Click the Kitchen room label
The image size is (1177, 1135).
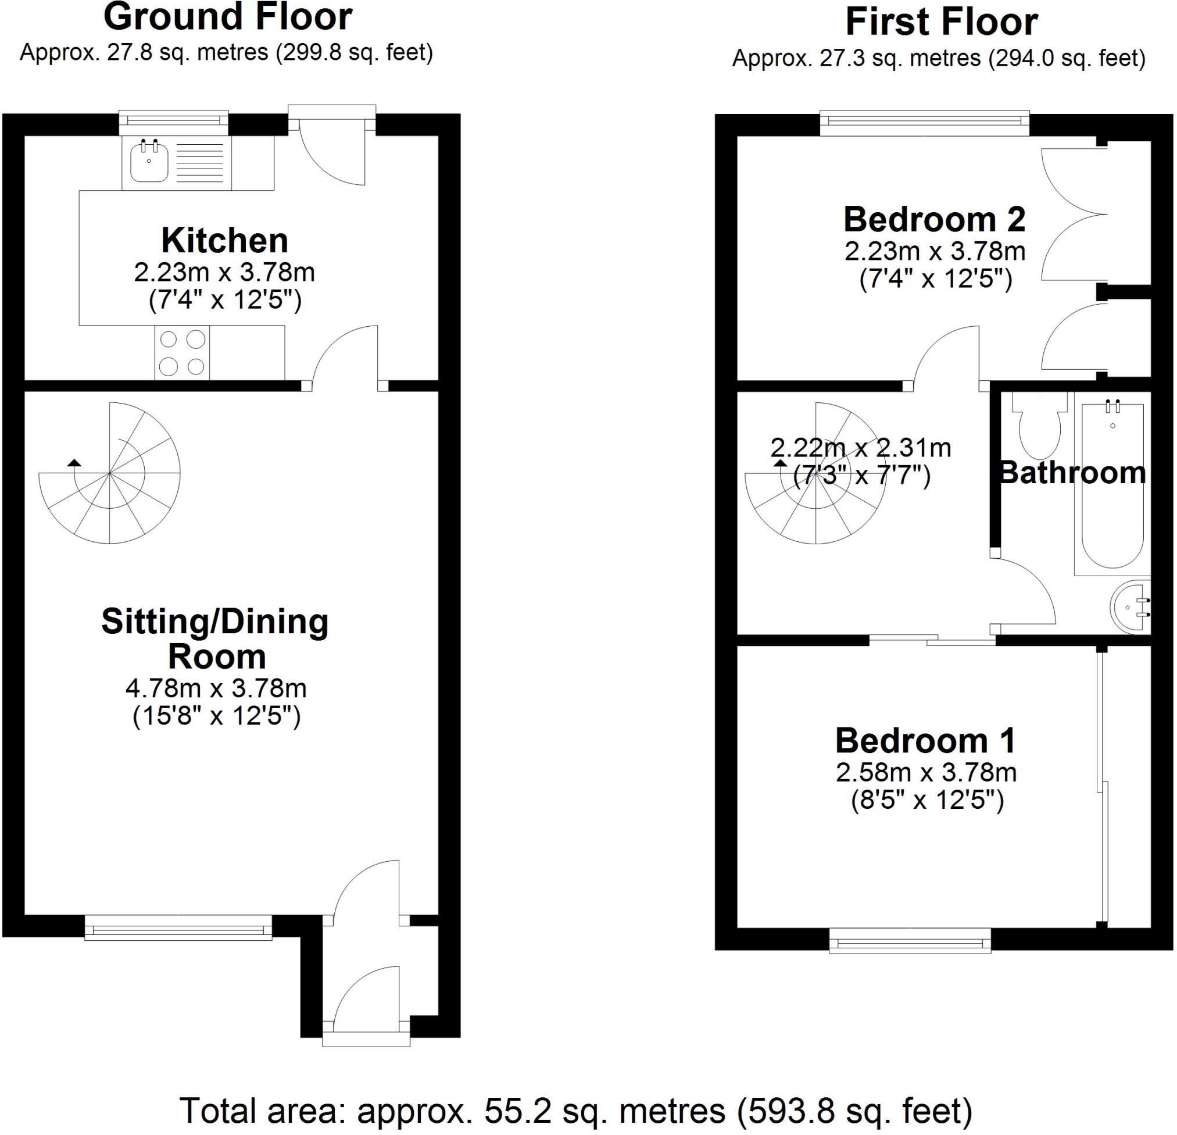pyautogui.click(x=224, y=240)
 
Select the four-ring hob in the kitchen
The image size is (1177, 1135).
pyautogui.click(x=183, y=353)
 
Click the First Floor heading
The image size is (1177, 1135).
pyautogui.click(x=942, y=22)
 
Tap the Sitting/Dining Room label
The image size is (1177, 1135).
pyautogui.click(x=216, y=638)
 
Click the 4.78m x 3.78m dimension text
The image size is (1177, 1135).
pyautogui.click(x=216, y=688)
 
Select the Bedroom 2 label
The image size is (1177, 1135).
pyautogui.click(x=935, y=219)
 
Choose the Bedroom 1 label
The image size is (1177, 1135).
pyautogui.click(x=925, y=740)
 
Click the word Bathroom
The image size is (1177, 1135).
pyautogui.click(x=1072, y=473)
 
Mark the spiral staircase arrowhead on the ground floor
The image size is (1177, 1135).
pyautogui.click(x=74, y=462)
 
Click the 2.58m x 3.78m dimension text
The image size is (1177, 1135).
pyautogui.click(x=926, y=773)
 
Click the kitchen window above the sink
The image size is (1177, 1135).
pyautogui.click(x=174, y=123)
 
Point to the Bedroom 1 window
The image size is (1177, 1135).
pyautogui.click(x=910, y=940)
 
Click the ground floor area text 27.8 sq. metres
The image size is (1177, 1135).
pyautogui.click(x=187, y=53)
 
